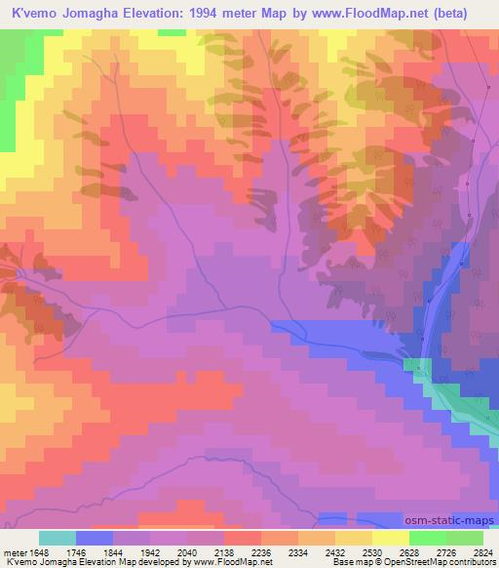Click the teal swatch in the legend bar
(x=57, y=537)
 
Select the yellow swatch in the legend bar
(x=390, y=537)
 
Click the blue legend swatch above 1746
(x=94, y=537)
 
